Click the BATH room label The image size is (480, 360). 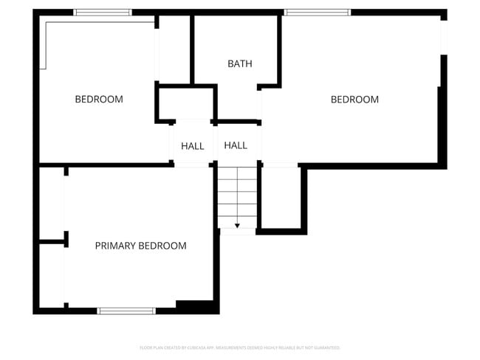coord(239,63)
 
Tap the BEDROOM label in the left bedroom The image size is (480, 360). coord(99,99)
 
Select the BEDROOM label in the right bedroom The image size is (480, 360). coord(354,100)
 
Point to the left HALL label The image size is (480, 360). coord(193,146)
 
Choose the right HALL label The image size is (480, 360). coord(236,145)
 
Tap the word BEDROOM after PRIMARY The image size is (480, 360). coord(163,246)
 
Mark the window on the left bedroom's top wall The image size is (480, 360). coord(103,13)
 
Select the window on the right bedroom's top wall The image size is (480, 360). coord(317,13)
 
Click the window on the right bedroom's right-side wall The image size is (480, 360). coord(444,37)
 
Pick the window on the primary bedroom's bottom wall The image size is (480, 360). coord(126,311)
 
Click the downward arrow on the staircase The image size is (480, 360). coord(237,225)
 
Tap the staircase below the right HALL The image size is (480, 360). coord(237,195)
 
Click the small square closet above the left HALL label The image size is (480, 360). coord(185,103)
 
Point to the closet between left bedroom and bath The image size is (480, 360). coord(174,48)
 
